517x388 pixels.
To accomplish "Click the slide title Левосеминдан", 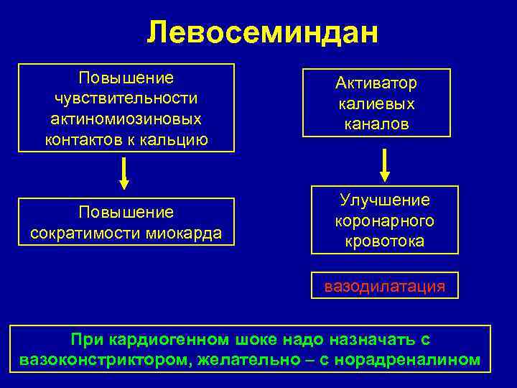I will tap(262, 32).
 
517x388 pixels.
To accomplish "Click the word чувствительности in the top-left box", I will tap(126, 97).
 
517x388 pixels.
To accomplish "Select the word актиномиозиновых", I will tap(126, 118).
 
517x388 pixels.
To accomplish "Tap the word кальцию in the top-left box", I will tap(175, 139).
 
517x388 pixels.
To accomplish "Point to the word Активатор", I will tap(376, 83).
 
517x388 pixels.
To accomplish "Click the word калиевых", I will tap(376, 104).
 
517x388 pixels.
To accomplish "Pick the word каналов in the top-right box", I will tap(376, 125).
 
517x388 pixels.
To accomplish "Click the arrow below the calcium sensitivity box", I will tap(124, 174).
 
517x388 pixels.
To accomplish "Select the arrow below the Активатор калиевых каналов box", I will tap(385, 165).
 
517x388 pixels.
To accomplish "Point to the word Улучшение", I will tap(384, 200).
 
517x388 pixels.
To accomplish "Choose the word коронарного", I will tap(384, 221).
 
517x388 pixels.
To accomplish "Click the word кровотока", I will tap(384, 241).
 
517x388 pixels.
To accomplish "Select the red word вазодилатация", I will tap(384, 287).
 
